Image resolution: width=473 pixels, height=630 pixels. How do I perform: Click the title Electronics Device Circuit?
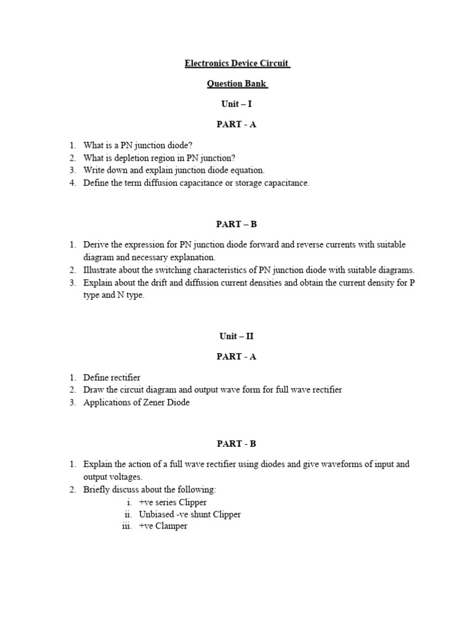(237, 63)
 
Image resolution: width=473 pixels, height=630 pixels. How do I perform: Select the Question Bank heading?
(237, 84)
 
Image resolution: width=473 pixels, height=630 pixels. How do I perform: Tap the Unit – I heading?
(236, 104)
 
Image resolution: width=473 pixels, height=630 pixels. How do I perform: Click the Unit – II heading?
(236, 336)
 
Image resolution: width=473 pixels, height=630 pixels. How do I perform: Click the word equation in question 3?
(246, 170)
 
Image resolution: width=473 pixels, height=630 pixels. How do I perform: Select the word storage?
(236, 183)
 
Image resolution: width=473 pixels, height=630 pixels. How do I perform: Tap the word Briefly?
(97, 490)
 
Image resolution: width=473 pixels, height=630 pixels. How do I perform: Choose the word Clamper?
(172, 527)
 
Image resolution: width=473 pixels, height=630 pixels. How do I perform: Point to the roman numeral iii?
(127, 527)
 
